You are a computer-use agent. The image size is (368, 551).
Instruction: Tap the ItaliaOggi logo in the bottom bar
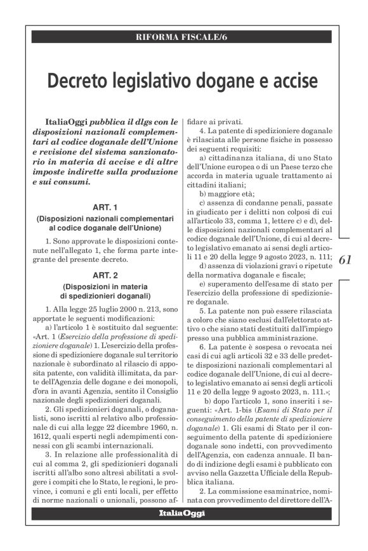182,513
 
